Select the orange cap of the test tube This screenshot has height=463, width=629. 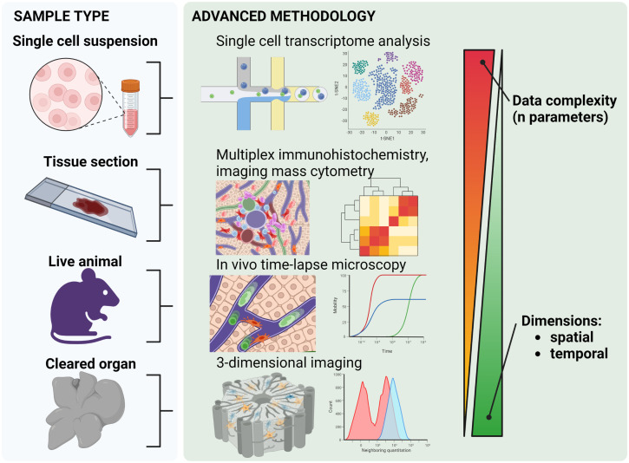click(x=130, y=87)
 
